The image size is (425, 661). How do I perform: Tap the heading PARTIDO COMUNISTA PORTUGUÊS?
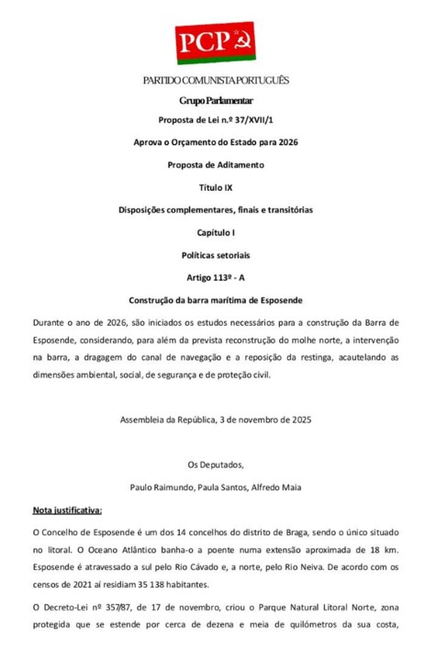pyautogui.click(x=216, y=81)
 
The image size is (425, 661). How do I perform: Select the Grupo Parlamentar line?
pyautogui.click(x=216, y=99)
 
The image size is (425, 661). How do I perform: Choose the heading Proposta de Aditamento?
pyautogui.click(x=216, y=164)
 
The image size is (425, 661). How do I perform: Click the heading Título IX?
pyautogui.click(x=216, y=187)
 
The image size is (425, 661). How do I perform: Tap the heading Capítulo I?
pyautogui.click(x=216, y=232)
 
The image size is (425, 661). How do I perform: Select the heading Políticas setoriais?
pyautogui.click(x=216, y=254)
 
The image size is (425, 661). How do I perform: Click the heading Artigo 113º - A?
pyautogui.click(x=216, y=277)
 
